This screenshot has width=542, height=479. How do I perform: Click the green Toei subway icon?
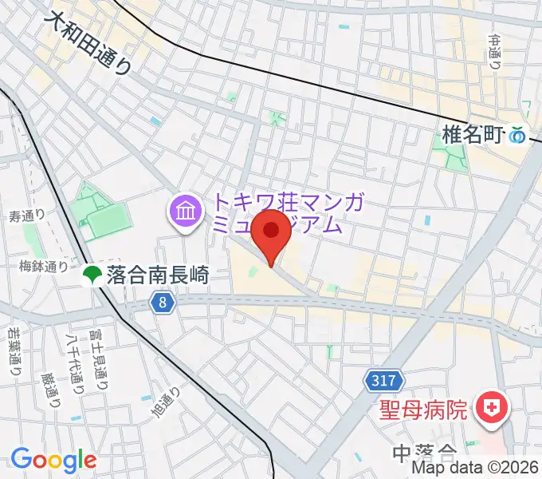pos(92,275)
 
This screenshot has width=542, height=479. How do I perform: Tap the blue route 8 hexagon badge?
pos(163,303)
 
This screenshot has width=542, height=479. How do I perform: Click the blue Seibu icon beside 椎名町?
pos(519,136)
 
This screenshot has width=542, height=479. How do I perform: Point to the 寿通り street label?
pos(26,216)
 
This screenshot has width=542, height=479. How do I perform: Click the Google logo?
pos(53,460)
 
